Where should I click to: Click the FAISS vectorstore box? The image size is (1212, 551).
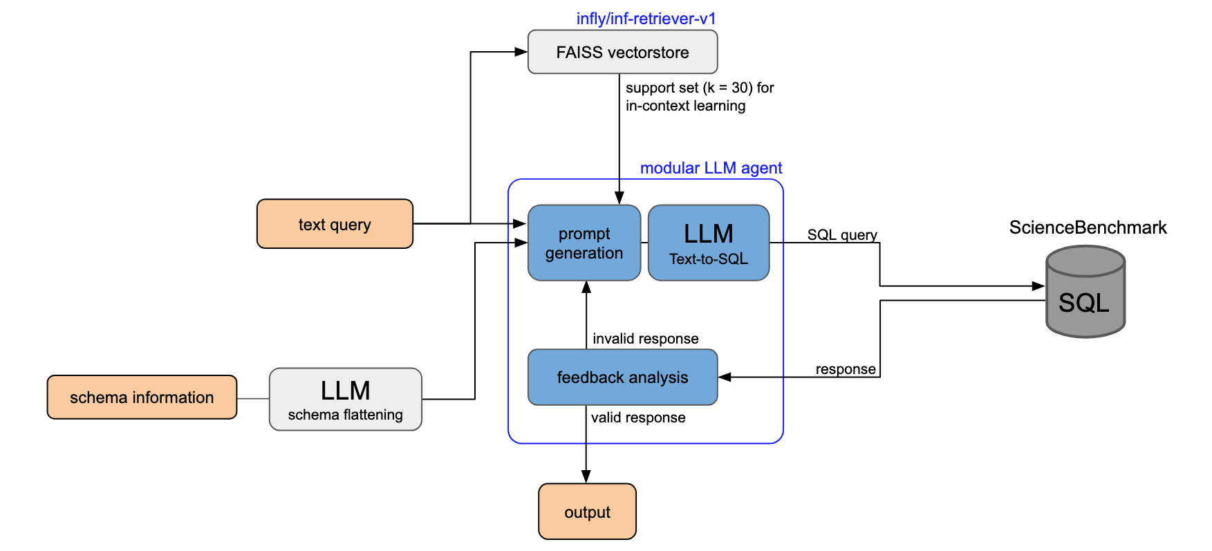pyautogui.click(x=622, y=52)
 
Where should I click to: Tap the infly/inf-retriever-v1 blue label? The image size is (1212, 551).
pyautogui.click(x=646, y=19)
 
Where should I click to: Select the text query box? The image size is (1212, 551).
pyautogui.click(x=335, y=224)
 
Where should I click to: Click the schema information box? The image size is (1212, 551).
pyautogui.click(x=142, y=398)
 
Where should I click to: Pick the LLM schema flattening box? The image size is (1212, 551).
pyautogui.click(x=345, y=400)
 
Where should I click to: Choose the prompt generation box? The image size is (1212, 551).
pyautogui.click(x=584, y=243)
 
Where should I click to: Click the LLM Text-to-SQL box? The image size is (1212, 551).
pyautogui.click(x=709, y=243)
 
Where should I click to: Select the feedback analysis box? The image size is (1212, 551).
pyautogui.click(x=622, y=377)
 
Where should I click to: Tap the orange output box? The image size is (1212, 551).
pyautogui.click(x=587, y=512)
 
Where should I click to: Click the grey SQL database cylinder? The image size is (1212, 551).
pyautogui.click(x=1085, y=294)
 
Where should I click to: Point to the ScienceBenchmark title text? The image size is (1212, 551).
pyautogui.click(x=1088, y=227)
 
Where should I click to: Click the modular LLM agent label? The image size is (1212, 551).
pyautogui.click(x=711, y=168)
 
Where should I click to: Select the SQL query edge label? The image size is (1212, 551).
pyautogui.click(x=842, y=235)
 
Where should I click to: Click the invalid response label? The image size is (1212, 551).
pyautogui.click(x=645, y=339)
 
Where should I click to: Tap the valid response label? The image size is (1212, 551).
pyautogui.click(x=638, y=418)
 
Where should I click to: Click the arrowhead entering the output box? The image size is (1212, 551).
pyautogui.click(x=586, y=477)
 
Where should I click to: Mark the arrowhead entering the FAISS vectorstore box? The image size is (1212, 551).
pyautogui.click(x=521, y=52)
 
